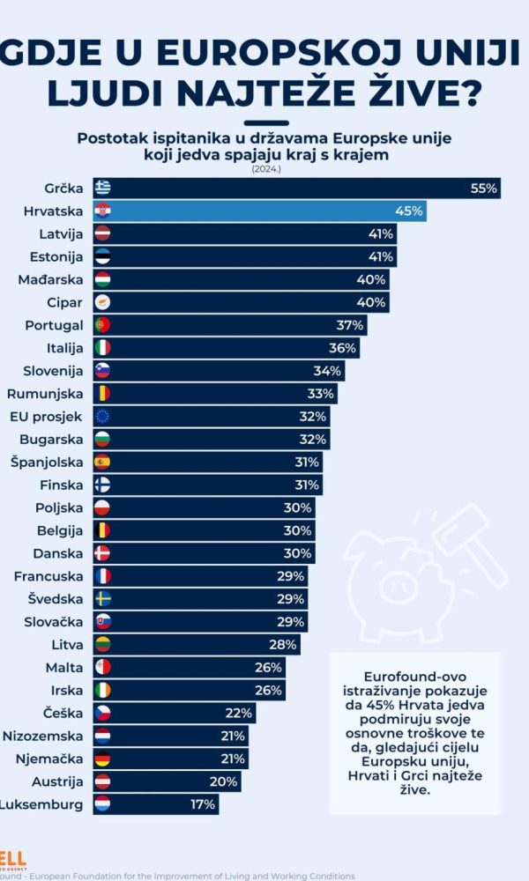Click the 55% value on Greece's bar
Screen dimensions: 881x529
(484, 188)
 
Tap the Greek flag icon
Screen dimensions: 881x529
(103, 188)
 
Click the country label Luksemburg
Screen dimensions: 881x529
(41, 804)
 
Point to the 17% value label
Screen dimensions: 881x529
(202, 804)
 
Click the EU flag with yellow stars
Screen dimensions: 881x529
(103, 416)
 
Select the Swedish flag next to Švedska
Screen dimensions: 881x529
(103, 599)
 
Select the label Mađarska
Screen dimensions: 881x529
(51, 279)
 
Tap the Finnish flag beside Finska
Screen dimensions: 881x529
(103, 485)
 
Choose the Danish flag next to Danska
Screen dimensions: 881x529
(103, 553)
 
